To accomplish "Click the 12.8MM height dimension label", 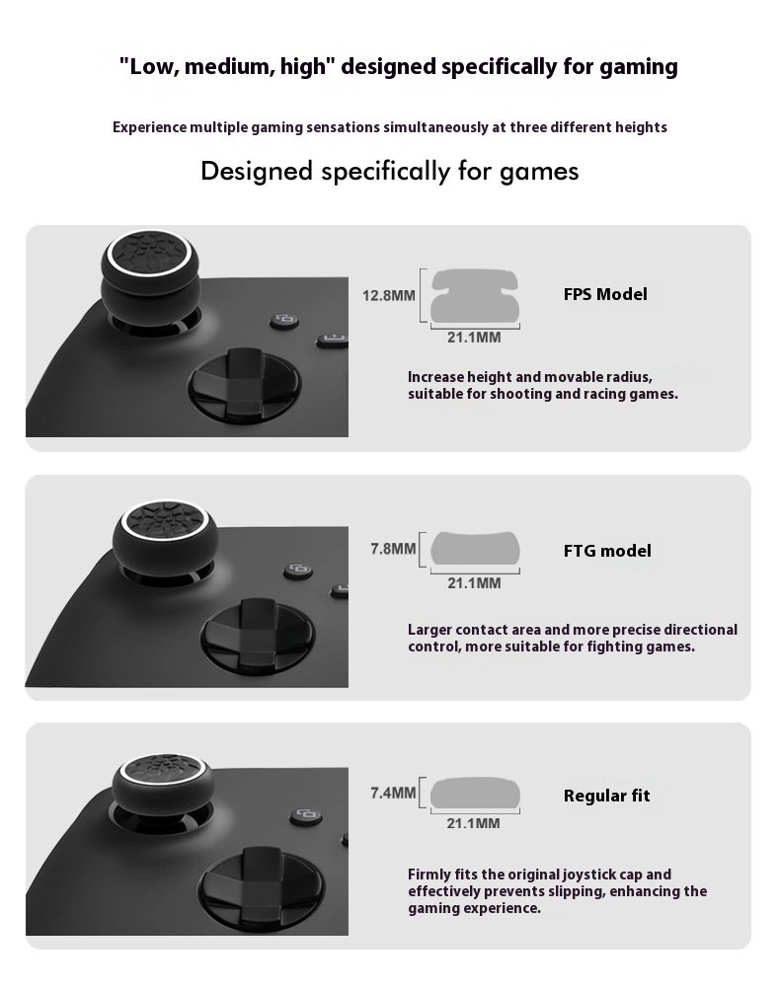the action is pyautogui.click(x=388, y=295).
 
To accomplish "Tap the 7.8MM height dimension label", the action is pyautogui.click(x=393, y=549).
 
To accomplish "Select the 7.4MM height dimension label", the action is pyautogui.click(x=393, y=793).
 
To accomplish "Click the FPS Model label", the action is pyautogui.click(x=605, y=294).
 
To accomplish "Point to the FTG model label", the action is pyautogui.click(x=607, y=551).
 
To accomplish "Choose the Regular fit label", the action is pyautogui.click(x=606, y=796).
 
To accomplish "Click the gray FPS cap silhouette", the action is pyautogui.click(x=474, y=295).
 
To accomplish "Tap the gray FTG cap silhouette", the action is pyautogui.click(x=475, y=548).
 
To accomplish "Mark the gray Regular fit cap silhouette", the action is pyautogui.click(x=475, y=793).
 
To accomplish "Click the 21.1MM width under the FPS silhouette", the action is pyautogui.click(x=474, y=338).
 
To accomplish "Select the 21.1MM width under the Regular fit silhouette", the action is pyautogui.click(x=474, y=823).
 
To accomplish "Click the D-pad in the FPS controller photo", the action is pyautogui.click(x=245, y=384).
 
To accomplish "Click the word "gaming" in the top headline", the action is pyautogui.click(x=639, y=67).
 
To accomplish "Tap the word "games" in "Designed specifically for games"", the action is pyautogui.click(x=539, y=172).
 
